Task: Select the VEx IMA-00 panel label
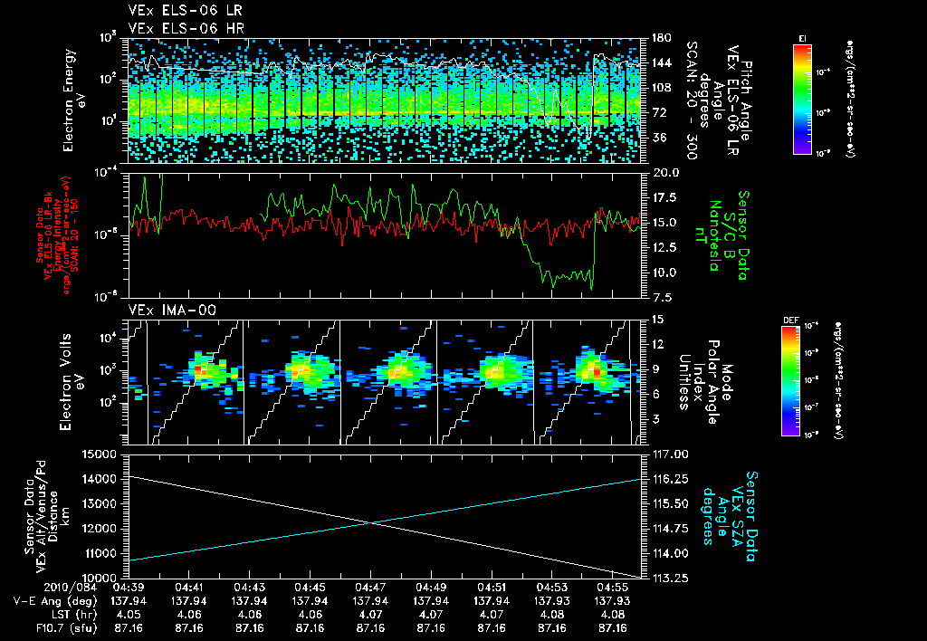pyautogui.click(x=161, y=310)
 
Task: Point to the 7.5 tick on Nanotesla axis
pyautogui.click(x=664, y=297)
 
